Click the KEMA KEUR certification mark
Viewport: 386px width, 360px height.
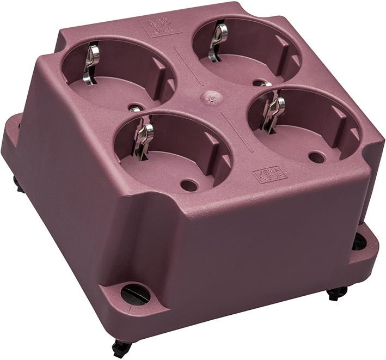point(269,174)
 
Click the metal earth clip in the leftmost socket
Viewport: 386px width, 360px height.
point(91,63)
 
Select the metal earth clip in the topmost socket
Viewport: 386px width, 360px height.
point(219,40)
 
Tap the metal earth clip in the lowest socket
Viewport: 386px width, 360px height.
point(143,139)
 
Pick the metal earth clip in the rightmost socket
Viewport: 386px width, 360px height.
point(273,112)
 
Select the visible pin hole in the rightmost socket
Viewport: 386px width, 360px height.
point(316,157)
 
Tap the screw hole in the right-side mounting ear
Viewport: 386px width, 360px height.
point(359,242)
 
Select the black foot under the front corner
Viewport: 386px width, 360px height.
point(122,347)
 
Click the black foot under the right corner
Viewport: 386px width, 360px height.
point(336,294)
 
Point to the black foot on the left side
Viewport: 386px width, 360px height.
point(19,185)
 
